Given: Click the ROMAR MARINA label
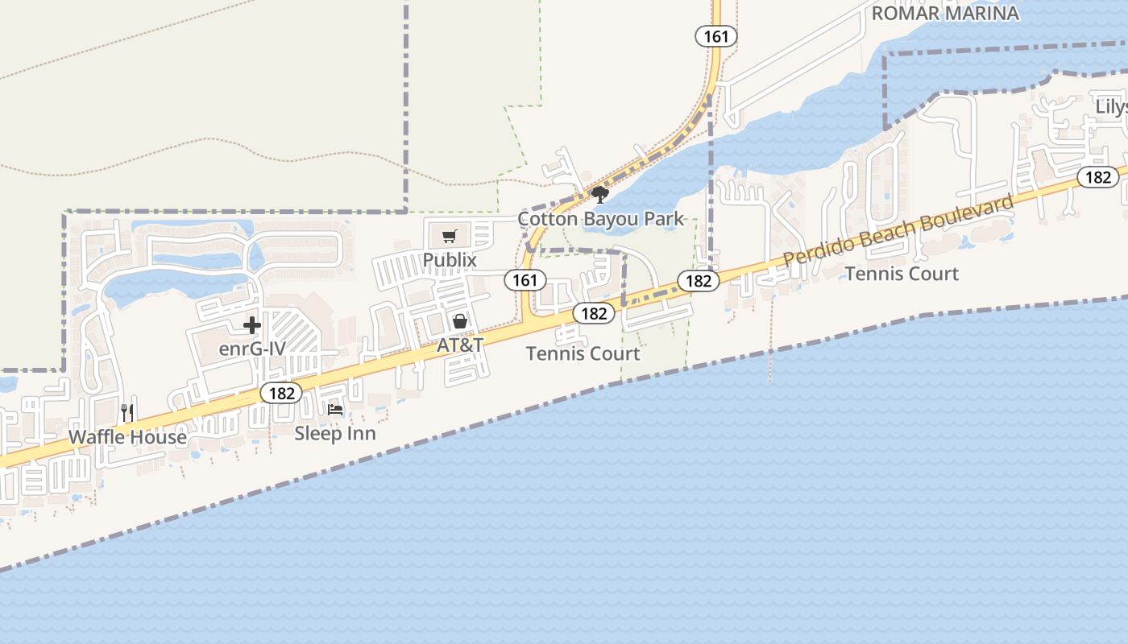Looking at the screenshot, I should coord(945,13).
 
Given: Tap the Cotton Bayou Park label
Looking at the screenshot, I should coord(600,219).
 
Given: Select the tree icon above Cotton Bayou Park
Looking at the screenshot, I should coord(599,194).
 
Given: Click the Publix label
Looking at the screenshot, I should coord(450,260).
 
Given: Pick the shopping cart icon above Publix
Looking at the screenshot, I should coord(450,236).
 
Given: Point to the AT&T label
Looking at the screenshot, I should coord(460,345).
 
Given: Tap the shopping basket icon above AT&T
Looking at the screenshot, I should coord(460,321).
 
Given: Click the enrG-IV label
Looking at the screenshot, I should coord(252,350).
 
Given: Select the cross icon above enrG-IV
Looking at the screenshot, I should coord(252,325).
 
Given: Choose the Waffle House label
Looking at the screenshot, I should coord(127,437).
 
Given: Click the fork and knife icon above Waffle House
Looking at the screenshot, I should coord(127,413).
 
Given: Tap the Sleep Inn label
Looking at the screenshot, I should coord(335,433).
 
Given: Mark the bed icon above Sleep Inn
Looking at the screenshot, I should coord(335,410).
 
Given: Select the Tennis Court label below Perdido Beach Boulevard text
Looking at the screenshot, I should coord(902,274).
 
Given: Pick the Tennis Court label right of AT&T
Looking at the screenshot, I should coord(583,353).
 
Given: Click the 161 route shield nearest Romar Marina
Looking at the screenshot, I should coord(716,36).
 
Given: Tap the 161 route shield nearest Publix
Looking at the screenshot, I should coord(525,280).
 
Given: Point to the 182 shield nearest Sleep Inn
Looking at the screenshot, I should coord(281,394).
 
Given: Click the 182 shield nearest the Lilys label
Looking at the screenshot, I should coord(1098,177).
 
